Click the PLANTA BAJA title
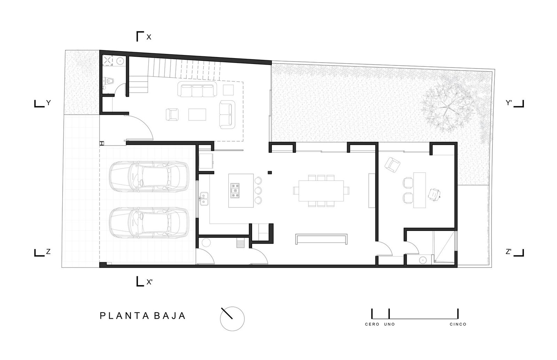pyautogui.click(x=143, y=316)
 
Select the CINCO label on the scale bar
pyautogui.click(x=458, y=324)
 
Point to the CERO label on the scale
pyautogui.click(x=372, y=324)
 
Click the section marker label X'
pyautogui.click(x=149, y=282)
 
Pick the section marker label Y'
pyautogui.click(x=509, y=103)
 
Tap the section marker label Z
pyautogui.click(x=48, y=252)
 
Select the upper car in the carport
pyautogui.click(x=149, y=176)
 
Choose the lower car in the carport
pyautogui.click(x=149, y=223)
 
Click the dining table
pyautogui.click(x=321, y=191)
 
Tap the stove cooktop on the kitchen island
pyautogui.click(x=235, y=191)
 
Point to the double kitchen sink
pyautogui.click(x=204, y=199)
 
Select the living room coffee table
pyautogui.click(x=197, y=114)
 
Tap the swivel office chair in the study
pyautogui.click(x=434, y=194)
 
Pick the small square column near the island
pyautogui.click(x=270, y=173)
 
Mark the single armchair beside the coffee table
pyautogui.click(x=172, y=114)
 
